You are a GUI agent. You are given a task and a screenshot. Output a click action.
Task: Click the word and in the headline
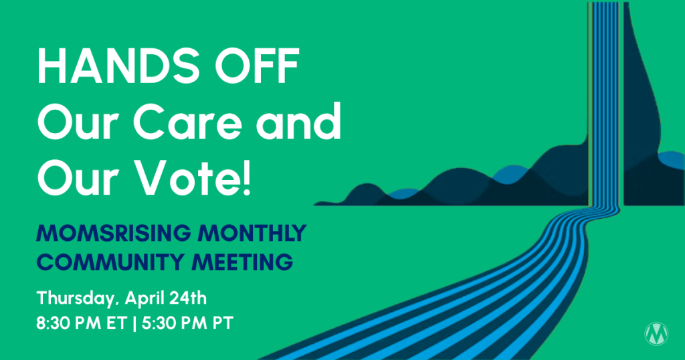[298, 120]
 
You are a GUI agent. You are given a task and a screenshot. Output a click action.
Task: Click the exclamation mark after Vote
[247, 177]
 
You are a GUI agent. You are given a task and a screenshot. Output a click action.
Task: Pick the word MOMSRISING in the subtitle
[114, 234]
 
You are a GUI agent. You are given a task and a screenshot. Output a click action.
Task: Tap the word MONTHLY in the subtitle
[252, 234]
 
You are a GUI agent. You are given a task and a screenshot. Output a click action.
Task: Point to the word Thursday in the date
[78, 299]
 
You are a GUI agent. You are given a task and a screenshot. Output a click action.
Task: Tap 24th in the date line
[190, 298]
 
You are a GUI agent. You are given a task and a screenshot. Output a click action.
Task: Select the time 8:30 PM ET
[82, 324]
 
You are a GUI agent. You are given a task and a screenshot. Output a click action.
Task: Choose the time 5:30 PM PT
[187, 324]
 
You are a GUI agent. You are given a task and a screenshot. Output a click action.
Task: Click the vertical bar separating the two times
[134, 324]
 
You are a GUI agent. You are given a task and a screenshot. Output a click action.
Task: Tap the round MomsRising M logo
[656, 334]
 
